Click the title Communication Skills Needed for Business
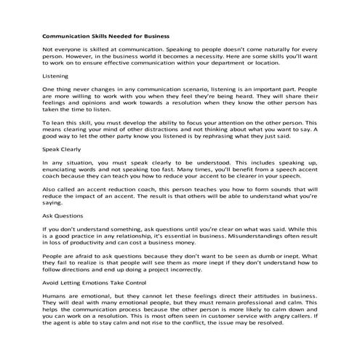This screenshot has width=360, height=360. (105, 34)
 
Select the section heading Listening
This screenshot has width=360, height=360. (55, 76)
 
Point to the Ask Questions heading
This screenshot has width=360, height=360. (62, 215)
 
